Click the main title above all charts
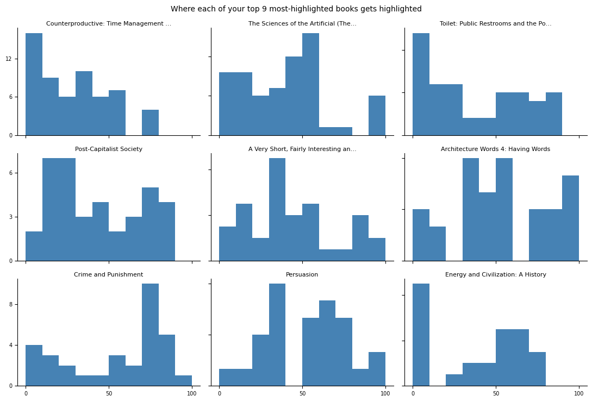(296, 9)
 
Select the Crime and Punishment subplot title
(108, 274)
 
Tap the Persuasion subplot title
(302, 274)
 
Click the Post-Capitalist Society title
(109, 149)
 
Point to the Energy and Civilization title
(496, 274)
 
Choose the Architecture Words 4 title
(495, 149)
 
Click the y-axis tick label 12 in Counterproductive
(8, 59)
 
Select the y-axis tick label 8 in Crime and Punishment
(10, 304)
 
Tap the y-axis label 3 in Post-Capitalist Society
(10, 217)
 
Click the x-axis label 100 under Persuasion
(385, 393)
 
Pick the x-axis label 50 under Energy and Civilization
(496, 393)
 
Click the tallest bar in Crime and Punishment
(150, 335)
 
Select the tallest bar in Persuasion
(277, 335)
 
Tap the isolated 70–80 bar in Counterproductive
(150, 123)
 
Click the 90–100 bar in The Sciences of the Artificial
(377, 116)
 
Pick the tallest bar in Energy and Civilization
(421, 335)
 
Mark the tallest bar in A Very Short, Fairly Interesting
(277, 210)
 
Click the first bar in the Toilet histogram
(421, 84)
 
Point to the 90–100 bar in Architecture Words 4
(570, 218)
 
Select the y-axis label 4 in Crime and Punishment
(10, 345)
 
